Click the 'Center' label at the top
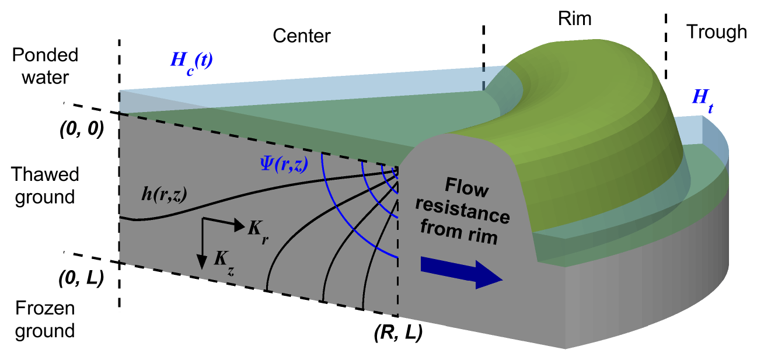(301, 36)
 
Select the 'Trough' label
(716, 32)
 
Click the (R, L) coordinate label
(397, 334)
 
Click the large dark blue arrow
(461, 274)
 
